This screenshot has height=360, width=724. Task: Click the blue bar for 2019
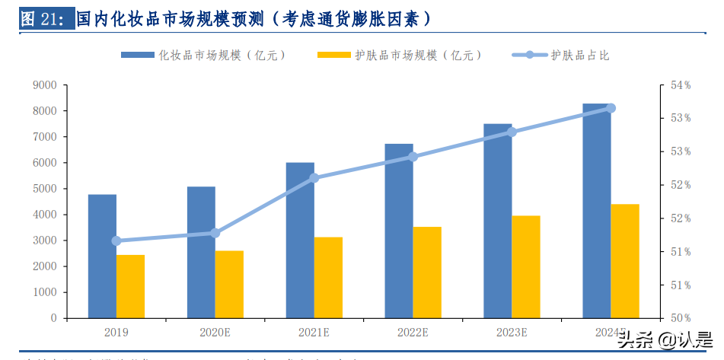[x=102, y=256]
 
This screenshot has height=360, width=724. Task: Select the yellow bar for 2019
[x=130, y=286]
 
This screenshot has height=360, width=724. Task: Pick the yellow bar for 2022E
[x=426, y=272]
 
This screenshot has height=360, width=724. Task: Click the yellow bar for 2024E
[x=625, y=260]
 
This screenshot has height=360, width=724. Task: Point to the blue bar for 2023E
[x=497, y=221]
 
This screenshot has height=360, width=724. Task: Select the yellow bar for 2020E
[x=229, y=284]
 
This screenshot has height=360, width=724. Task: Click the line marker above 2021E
[x=314, y=178]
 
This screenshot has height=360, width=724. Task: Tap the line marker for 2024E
[x=611, y=108]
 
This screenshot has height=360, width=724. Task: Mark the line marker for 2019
[x=116, y=241]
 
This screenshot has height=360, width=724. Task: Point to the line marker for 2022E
[x=413, y=157]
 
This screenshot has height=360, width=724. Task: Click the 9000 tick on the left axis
[x=44, y=85]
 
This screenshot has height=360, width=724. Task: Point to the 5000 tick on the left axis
[x=44, y=189]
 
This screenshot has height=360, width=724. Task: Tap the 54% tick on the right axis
[x=680, y=85]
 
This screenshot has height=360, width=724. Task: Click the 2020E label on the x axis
[x=215, y=333]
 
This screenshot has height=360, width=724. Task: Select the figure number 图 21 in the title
[x=44, y=19]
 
